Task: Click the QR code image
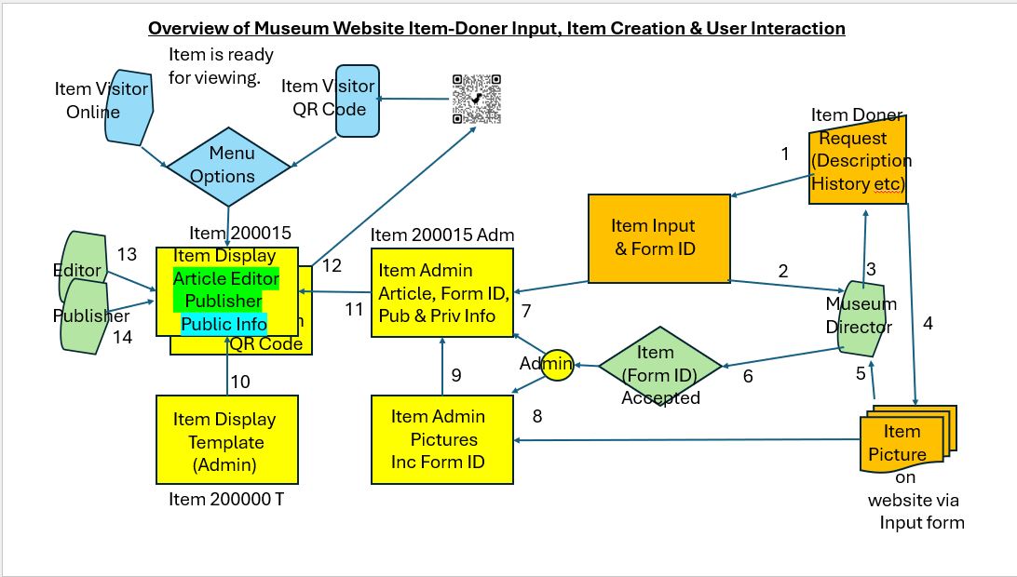477,99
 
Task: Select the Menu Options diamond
228,167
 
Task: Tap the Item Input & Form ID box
659,238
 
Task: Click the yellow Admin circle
557,365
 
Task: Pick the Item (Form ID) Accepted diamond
659,367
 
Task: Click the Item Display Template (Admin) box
227,439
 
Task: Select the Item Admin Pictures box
441,439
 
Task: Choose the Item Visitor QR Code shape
358,101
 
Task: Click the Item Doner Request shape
858,160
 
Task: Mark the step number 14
122,337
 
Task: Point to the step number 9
456,375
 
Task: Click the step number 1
785,154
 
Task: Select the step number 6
748,376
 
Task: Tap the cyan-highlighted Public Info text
224,324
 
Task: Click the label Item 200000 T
225,499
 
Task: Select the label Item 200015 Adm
442,235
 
